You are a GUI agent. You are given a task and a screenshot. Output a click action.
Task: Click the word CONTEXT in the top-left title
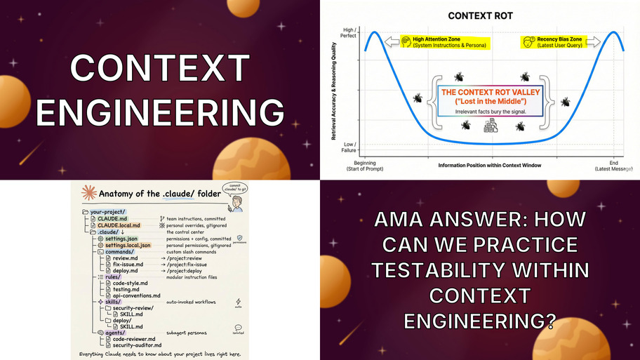159,67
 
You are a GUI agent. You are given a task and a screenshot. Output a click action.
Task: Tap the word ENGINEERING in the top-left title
159,112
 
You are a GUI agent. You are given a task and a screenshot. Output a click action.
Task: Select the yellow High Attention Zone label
444,42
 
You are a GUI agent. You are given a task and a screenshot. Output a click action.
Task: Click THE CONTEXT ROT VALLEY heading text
484,92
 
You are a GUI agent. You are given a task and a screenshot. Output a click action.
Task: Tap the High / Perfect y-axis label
347,33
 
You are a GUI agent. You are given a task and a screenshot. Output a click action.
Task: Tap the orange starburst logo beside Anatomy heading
88,193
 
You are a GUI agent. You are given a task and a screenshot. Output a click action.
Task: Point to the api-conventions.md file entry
136,295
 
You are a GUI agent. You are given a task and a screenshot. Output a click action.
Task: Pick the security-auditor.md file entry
138,345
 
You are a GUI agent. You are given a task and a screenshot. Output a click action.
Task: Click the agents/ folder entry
114,333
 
